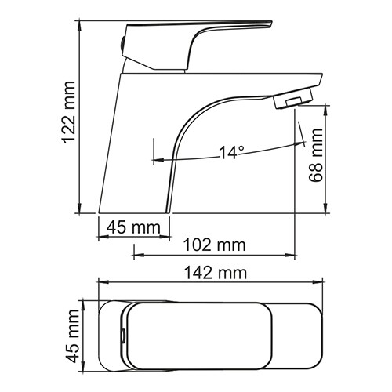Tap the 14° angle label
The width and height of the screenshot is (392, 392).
click(232, 152)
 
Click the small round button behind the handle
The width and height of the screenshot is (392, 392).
click(121, 39)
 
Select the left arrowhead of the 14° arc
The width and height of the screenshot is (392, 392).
click(160, 159)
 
